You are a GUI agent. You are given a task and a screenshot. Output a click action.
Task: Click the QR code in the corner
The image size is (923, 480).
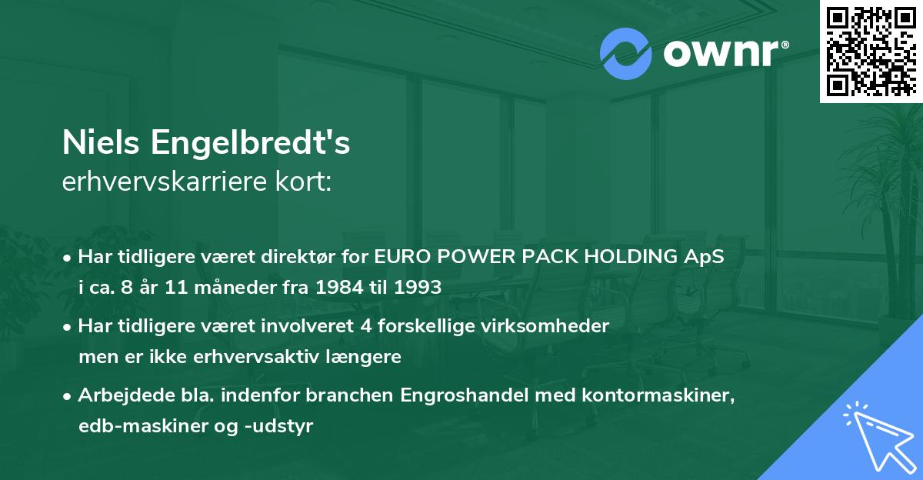(871, 51)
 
